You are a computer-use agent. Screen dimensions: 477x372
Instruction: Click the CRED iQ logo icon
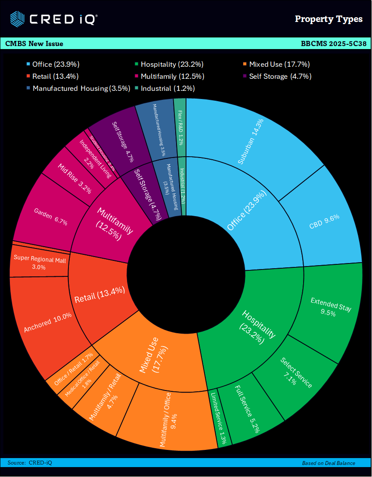pos(17,19)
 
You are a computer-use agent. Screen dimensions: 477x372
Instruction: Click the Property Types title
pos(329,19)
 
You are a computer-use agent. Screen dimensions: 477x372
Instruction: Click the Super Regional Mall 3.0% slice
pos(39,263)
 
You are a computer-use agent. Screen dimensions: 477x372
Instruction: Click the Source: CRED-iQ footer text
pos(30,463)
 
